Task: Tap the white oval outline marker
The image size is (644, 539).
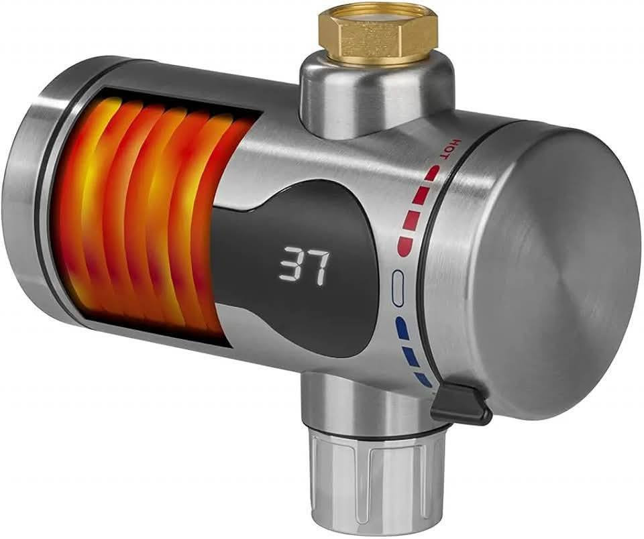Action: click(398, 288)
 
